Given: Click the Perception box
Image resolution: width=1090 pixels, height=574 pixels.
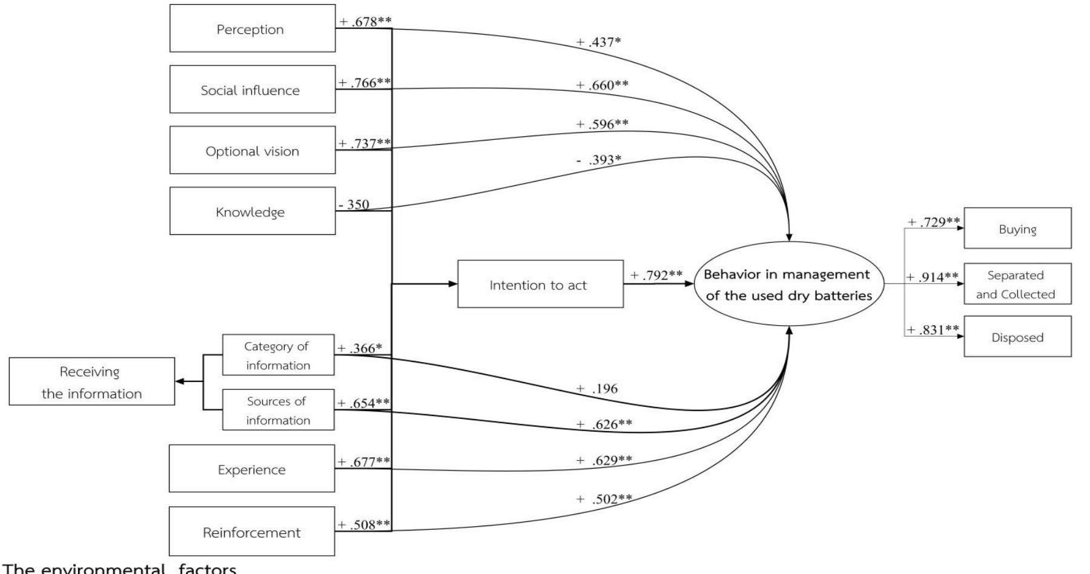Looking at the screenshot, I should point(252,28).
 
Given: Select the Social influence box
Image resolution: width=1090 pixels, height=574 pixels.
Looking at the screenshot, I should point(252,90).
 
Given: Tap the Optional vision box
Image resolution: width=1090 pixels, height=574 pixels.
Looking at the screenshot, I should point(252,150).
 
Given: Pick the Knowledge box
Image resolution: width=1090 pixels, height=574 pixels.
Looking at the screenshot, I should point(252,211).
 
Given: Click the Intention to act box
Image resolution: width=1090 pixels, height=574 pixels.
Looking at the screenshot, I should point(540,285).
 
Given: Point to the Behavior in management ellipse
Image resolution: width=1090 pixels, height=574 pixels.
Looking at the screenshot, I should point(788,285).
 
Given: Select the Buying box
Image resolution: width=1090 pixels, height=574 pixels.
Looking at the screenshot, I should point(1017,228).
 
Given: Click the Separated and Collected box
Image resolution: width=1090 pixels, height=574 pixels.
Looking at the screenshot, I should point(1017,284).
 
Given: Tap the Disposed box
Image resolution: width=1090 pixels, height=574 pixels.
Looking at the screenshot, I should point(1017,337).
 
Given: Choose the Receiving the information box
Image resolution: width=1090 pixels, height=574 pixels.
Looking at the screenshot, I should point(91,381).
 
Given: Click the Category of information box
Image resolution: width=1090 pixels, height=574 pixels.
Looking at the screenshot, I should point(278,355).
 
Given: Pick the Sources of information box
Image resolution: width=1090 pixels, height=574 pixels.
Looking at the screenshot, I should point(278,410).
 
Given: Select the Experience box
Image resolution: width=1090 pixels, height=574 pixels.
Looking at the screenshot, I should point(252,469).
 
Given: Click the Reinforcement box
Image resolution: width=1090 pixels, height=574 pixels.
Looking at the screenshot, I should point(252,532).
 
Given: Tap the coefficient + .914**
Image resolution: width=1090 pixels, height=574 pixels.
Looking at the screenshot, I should point(933,277).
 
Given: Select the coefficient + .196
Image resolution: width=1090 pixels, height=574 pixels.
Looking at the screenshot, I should point(596,389).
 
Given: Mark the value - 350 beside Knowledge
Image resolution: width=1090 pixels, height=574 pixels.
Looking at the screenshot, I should point(354,205).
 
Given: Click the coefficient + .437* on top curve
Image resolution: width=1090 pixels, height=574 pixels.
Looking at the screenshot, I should point(598,42).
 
